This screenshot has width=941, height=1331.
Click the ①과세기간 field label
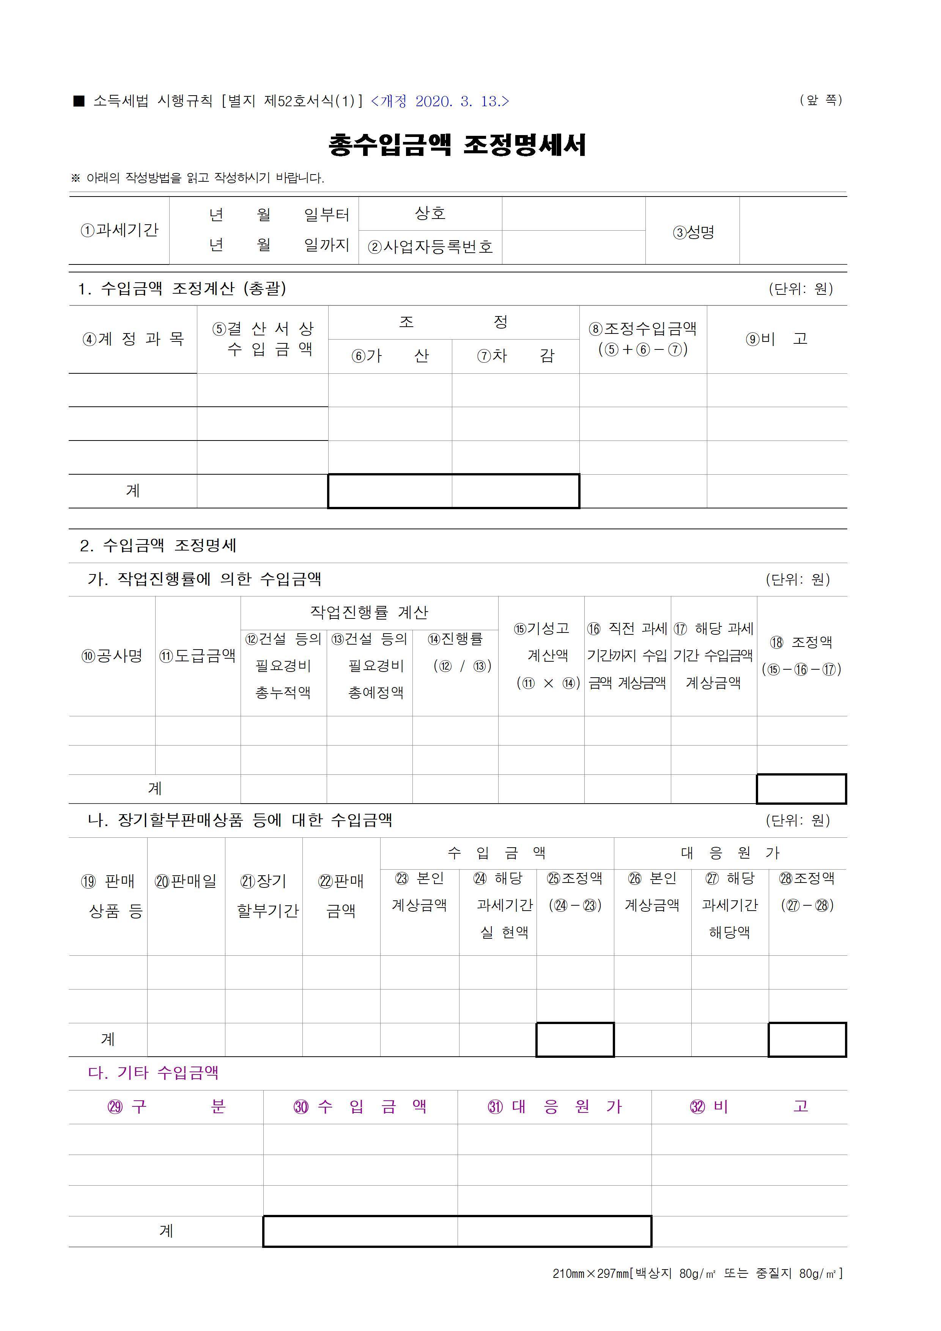pyautogui.click(x=120, y=230)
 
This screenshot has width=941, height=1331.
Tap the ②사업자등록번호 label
pyautogui.click(x=430, y=247)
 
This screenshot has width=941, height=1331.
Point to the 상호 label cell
pyautogui.click(x=430, y=213)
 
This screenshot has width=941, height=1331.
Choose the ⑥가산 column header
pyautogui.click(x=390, y=356)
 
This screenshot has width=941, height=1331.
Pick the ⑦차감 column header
pyautogui.click(x=515, y=356)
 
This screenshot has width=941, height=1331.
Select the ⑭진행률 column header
pyautogui.click(x=456, y=639)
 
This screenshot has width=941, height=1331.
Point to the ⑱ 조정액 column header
pyautogui.click(x=802, y=642)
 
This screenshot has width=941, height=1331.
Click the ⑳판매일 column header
pyautogui.click(x=186, y=881)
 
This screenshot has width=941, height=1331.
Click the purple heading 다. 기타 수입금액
pyautogui.click(x=153, y=1073)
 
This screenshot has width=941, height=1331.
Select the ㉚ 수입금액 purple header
pyautogui.click(x=360, y=1107)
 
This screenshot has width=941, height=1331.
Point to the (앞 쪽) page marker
pyautogui.click(x=821, y=100)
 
